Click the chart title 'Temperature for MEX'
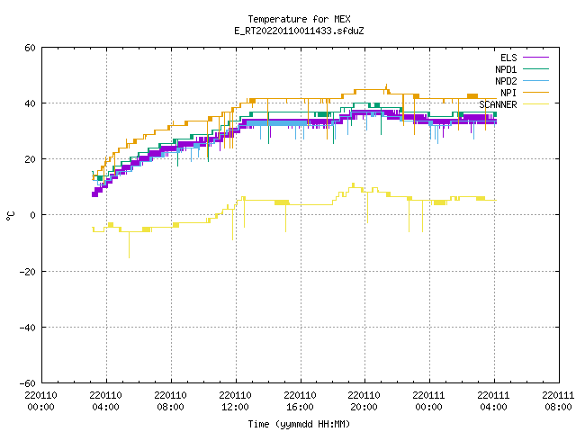point(299,19)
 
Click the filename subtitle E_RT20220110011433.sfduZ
point(299,31)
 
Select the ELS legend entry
point(508,58)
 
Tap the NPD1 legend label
point(506,69)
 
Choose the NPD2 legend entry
point(506,81)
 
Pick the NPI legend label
point(508,93)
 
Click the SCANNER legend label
point(498,104)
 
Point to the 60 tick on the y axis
point(30,48)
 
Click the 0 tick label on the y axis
point(33,215)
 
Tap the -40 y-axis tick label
point(28,328)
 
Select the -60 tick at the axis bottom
point(28,383)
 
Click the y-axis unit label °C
point(11,216)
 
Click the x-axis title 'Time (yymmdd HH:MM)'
point(299,424)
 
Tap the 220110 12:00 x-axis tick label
point(235,401)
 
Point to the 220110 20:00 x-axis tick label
point(364,401)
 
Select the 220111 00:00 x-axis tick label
point(428,401)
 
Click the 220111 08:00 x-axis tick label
point(558,401)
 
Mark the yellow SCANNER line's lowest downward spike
point(129,258)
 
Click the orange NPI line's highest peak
point(386,85)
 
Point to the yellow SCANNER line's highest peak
point(354,184)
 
